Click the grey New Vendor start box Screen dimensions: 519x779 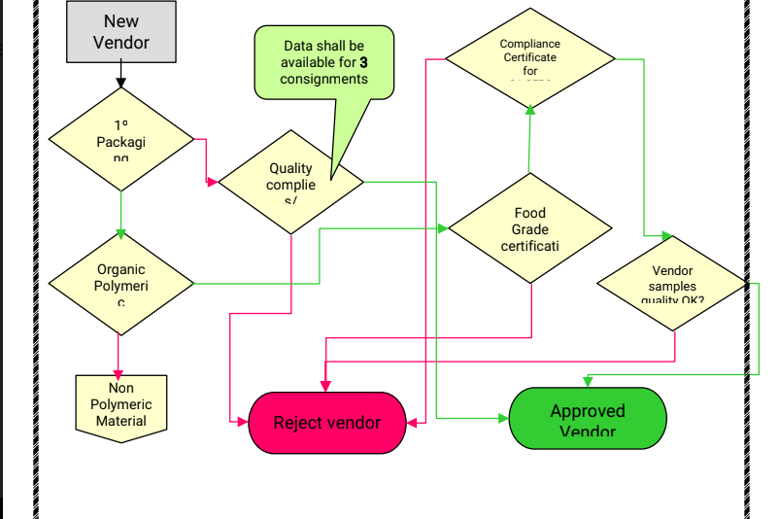[x=121, y=31]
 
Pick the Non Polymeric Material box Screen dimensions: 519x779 [x=121, y=404]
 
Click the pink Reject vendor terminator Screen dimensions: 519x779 [x=326, y=423]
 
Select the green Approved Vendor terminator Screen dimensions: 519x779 [x=588, y=419]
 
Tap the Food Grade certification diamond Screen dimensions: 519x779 [x=530, y=229]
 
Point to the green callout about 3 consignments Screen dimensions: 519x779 [x=324, y=61]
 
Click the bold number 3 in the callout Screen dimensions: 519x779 [x=363, y=62]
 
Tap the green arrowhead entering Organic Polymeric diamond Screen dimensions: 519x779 [x=120, y=233]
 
